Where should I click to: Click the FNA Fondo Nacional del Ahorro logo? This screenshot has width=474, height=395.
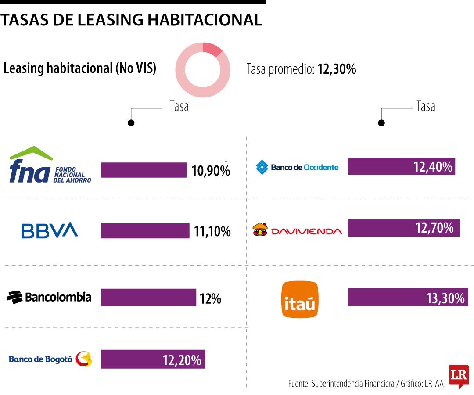[x=50, y=165]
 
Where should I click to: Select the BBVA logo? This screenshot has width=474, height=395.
[x=50, y=230]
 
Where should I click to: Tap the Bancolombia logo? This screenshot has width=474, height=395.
[x=49, y=298]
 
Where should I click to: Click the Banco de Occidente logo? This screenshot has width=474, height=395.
[x=298, y=167]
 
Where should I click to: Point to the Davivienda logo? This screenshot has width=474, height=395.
[x=297, y=230]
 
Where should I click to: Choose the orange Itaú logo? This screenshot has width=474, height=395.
[x=300, y=299]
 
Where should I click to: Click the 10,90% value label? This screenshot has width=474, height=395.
[x=211, y=170]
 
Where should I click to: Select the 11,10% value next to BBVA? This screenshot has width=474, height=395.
[x=212, y=231]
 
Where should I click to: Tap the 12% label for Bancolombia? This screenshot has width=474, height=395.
[x=210, y=299]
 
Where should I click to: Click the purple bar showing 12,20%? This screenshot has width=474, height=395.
[x=153, y=359]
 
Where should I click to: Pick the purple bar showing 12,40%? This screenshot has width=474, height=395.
[x=401, y=166]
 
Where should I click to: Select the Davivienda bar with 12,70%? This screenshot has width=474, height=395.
[x=403, y=228]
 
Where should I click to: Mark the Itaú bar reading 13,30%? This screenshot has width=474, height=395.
[x=408, y=297]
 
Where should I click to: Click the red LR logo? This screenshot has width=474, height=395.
[x=458, y=376]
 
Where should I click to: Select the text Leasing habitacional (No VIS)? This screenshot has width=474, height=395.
[x=80, y=69]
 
